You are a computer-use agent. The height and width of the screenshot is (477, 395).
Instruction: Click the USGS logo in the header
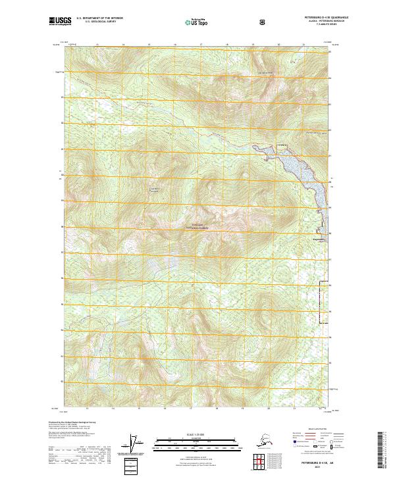[61, 22]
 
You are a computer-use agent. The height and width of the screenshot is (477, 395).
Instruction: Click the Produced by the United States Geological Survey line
[72, 422]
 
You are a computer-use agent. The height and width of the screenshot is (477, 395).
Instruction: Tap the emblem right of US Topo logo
[262, 22]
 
